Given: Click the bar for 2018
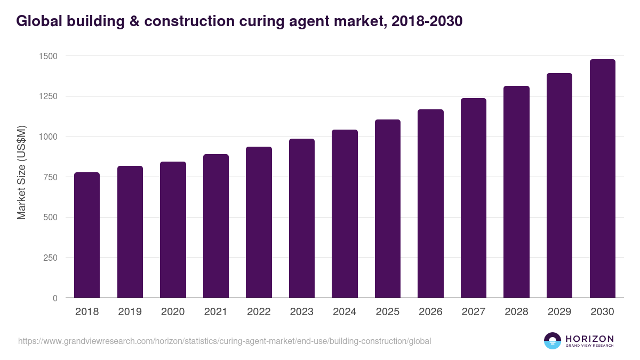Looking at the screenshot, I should pos(87,235).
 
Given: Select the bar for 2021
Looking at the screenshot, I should pos(215,226).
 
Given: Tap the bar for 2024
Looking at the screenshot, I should pos(345,214).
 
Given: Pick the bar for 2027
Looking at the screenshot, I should pos(474,198).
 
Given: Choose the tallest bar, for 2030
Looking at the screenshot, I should pos(602,179).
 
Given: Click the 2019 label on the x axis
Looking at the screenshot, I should pos(130,312).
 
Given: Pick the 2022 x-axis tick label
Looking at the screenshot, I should pos(259,312).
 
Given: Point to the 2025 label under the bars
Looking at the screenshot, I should pos(387,312).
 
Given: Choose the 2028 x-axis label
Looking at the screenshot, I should pos(516,312).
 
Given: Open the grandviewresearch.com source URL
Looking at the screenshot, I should pos(225,341).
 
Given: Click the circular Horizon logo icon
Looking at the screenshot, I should pos(553,341).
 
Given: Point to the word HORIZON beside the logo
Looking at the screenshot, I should pos(589,339).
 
